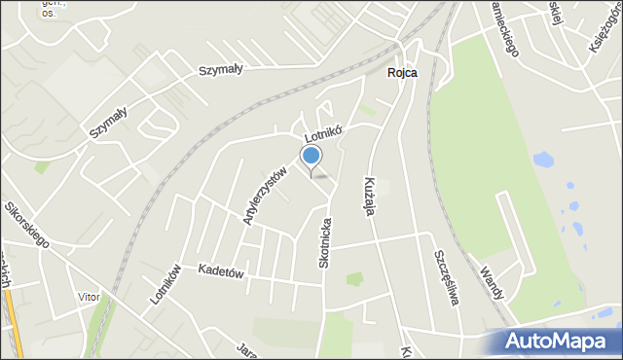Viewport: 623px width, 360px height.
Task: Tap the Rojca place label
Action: click(x=401, y=73)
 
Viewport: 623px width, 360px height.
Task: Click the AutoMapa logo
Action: click(x=554, y=342)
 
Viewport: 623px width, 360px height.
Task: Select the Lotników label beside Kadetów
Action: click(x=166, y=284)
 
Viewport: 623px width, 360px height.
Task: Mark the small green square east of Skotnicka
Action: click(x=353, y=279)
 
